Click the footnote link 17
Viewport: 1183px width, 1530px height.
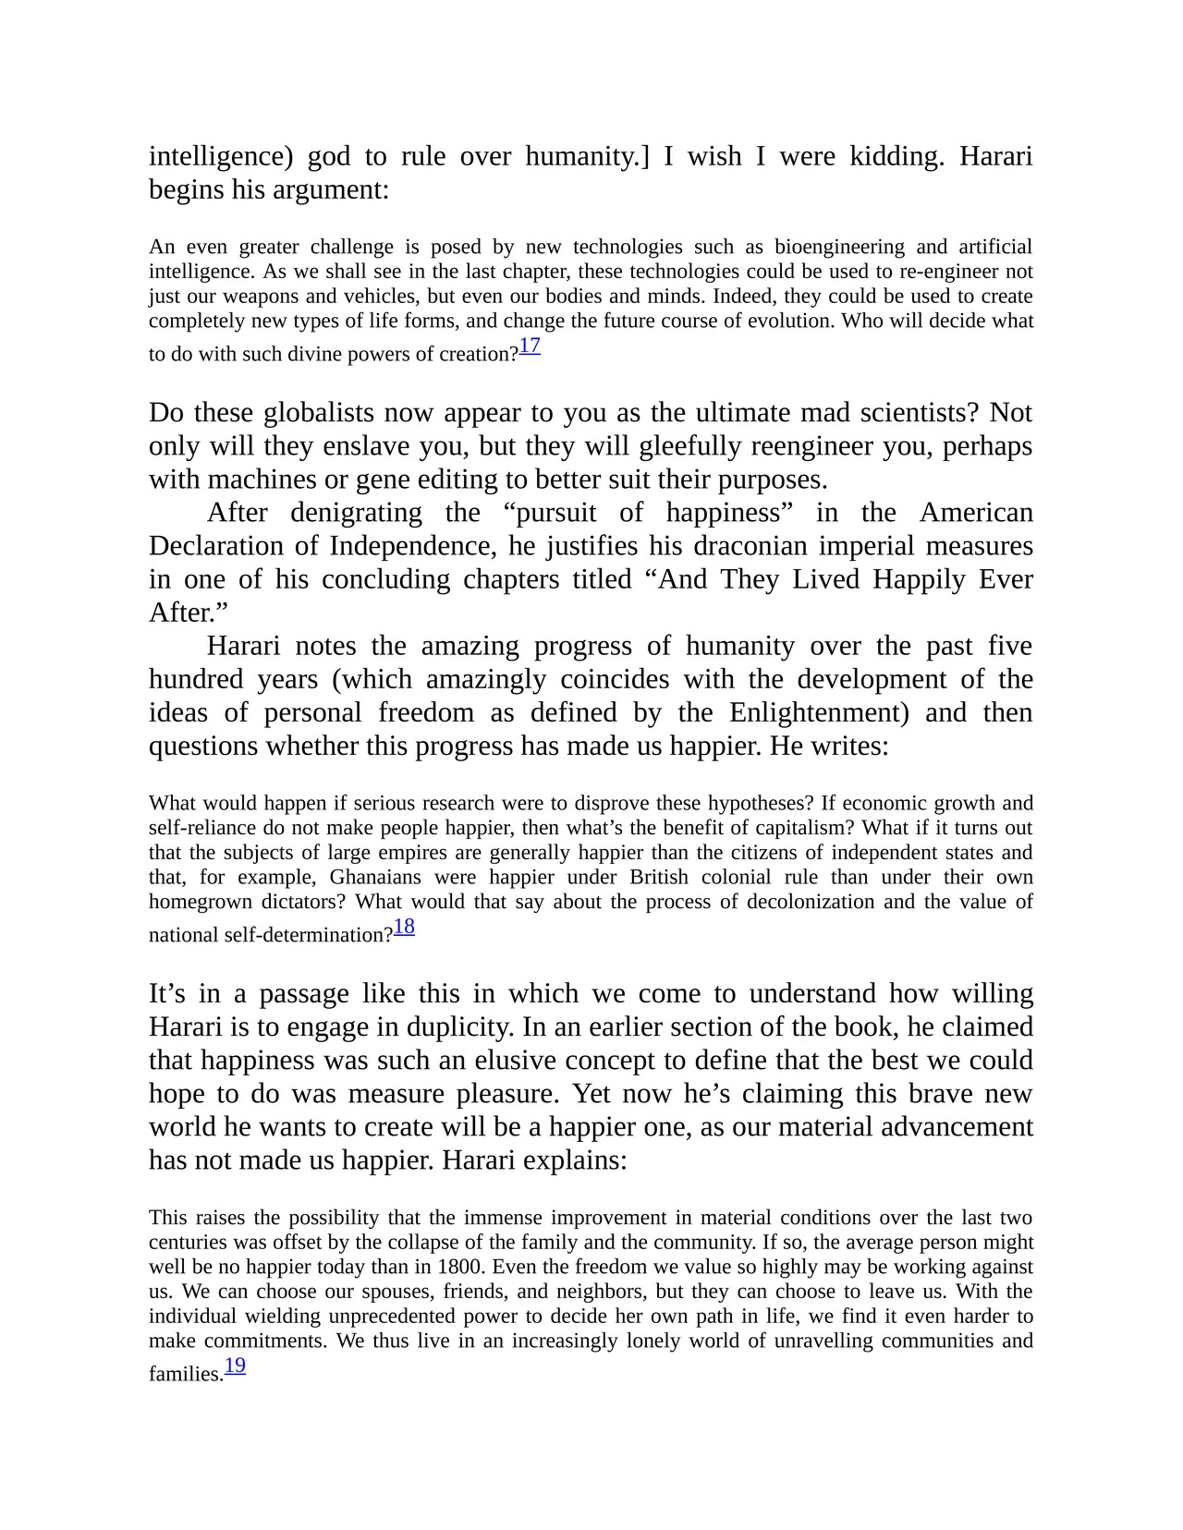coord(530,346)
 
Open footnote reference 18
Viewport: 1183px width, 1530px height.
coord(404,927)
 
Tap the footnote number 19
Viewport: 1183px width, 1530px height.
coord(235,1366)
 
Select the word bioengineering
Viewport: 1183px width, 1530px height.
coord(839,247)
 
